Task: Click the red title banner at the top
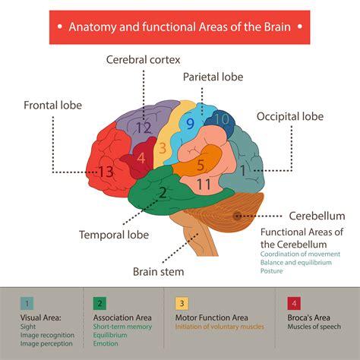tap(179, 27)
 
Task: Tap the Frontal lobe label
tap(52, 105)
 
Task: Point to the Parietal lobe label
tap(212, 77)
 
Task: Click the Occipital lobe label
tap(289, 116)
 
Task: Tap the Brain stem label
tap(158, 270)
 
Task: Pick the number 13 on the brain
tap(106, 172)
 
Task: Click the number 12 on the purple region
tap(144, 128)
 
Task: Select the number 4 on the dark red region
tap(141, 159)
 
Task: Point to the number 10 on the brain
tap(221, 119)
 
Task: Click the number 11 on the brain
tap(204, 184)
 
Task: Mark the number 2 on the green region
tap(162, 192)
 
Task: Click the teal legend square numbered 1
tap(27, 303)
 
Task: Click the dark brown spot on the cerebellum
tap(238, 216)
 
